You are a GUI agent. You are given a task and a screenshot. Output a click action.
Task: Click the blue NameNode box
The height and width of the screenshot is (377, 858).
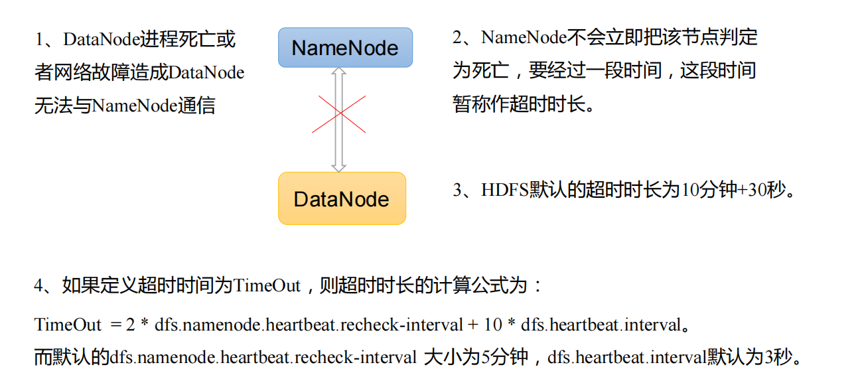click(x=345, y=48)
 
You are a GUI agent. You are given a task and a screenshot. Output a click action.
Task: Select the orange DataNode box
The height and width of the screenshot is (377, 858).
click(x=342, y=198)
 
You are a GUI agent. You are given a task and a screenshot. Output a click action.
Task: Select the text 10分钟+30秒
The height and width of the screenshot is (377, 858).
click(x=733, y=190)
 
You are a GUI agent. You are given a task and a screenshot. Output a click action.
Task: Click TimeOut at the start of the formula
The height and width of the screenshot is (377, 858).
click(x=68, y=325)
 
